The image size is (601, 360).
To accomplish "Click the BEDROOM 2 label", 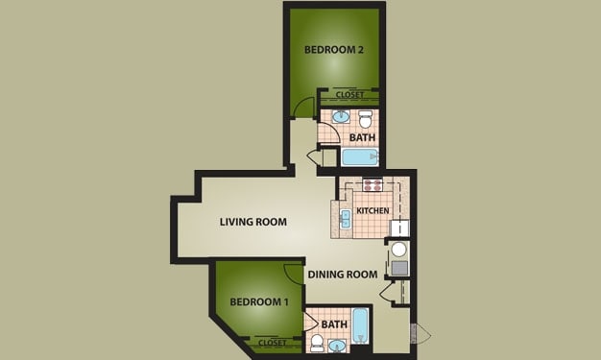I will pyautogui.click(x=333, y=49).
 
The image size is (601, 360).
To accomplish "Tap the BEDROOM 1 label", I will pyautogui.click(x=259, y=301).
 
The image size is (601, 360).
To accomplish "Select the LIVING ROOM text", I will pyautogui.click(x=253, y=222).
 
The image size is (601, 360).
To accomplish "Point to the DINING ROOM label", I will pyautogui.click(x=343, y=275).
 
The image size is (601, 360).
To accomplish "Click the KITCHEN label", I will pyautogui.click(x=372, y=210).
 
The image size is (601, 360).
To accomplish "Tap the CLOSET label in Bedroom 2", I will pyautogui.click(x=349, y=95).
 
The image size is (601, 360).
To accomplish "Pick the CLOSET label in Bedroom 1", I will pyautogui.click(x=274, y=342).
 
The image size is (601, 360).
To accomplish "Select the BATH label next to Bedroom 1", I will pyautogui.click(x=334, y=324).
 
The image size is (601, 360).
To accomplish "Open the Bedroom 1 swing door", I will pyautogui.click(x=290, y=273).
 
